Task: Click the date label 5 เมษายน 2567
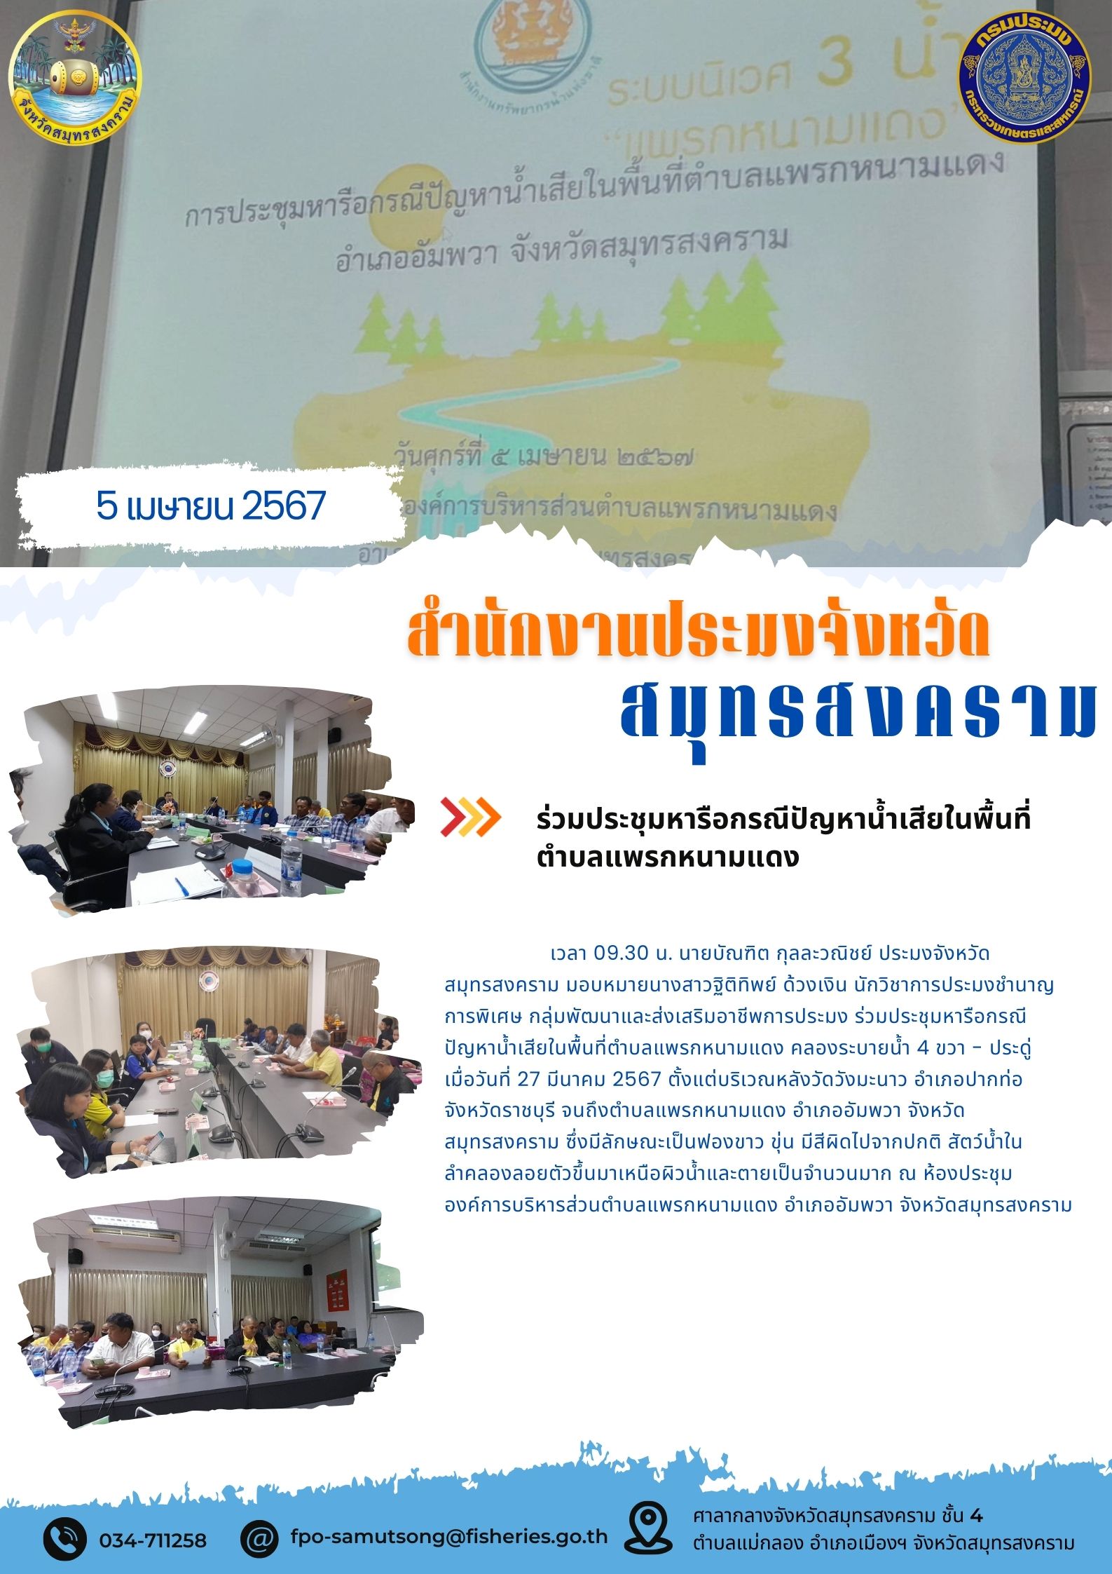click(x=211, y=505)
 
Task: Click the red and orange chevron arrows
click(x=470, y=817)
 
